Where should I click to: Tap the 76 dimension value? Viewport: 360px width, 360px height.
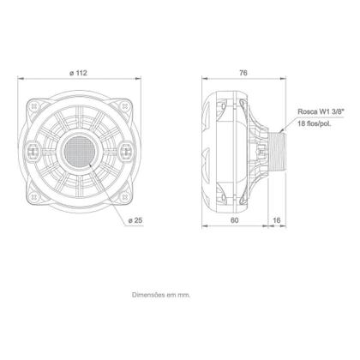(243, 73)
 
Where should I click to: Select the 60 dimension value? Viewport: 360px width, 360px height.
(234, 219)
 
